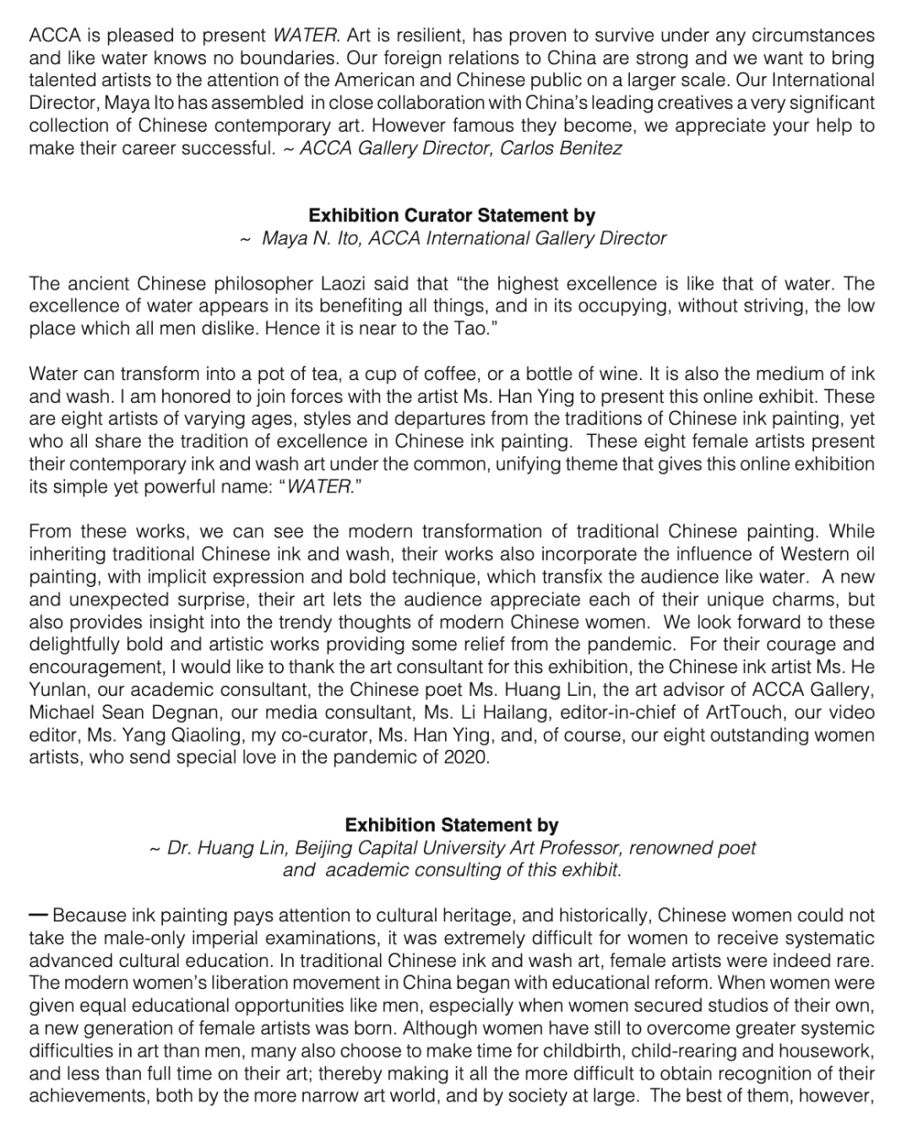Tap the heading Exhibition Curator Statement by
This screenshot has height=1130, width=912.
tap(452, 216)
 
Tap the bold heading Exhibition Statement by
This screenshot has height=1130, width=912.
tap(452, 825)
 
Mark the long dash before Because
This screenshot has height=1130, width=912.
tap(39, 915)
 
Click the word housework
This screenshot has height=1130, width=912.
tap(823, 1051)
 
